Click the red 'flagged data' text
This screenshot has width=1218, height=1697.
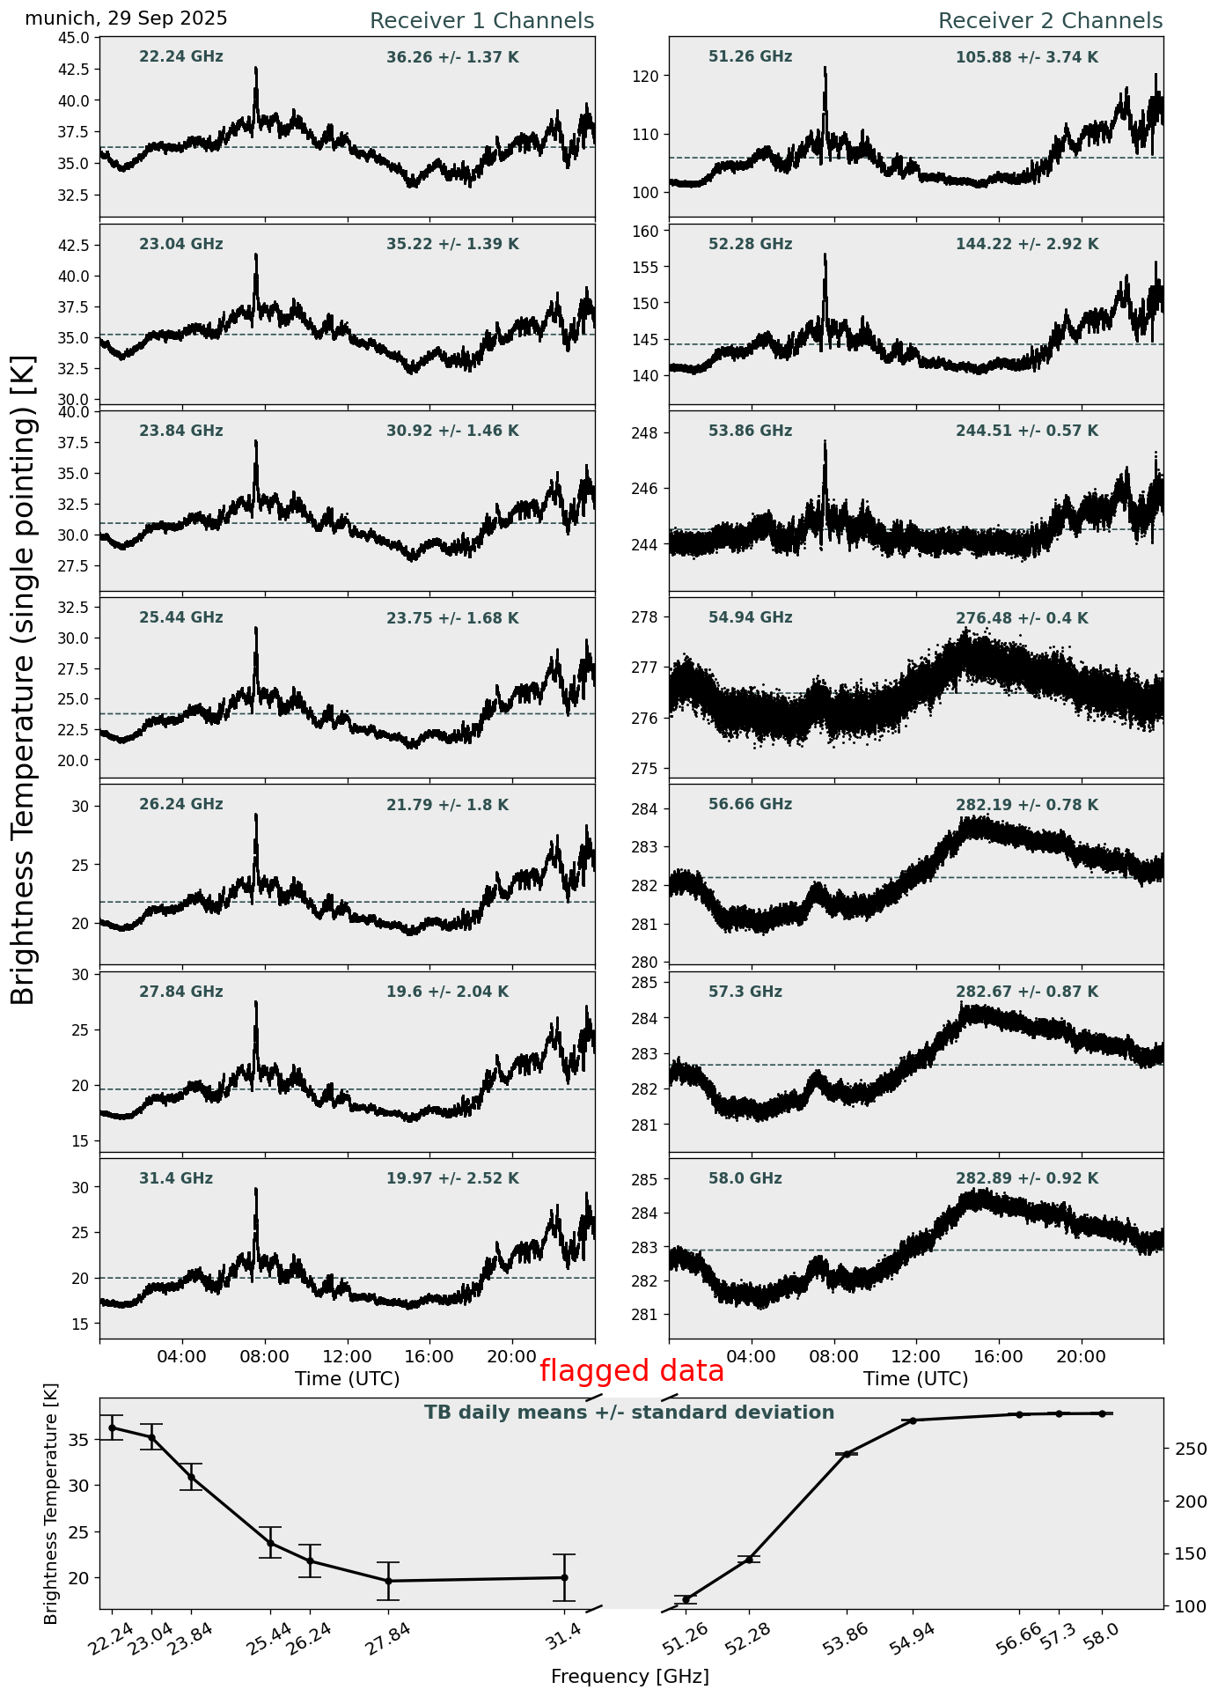click(x=631, y=1371)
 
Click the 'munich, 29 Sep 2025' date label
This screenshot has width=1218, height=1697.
click(x=126, y=18)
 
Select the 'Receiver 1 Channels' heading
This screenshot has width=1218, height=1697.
click(x=481, y=21)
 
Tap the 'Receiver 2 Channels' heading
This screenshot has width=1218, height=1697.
click(x=1050, y=21)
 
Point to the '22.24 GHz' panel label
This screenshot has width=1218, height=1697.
click(x=181, y=57)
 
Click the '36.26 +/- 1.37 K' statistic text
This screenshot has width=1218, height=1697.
click(x=452, y=58)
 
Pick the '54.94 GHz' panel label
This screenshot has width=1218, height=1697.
click(x=750, y=618)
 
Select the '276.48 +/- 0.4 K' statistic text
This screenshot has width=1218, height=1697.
click(x=1022, y=619)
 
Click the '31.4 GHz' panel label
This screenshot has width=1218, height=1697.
click(x=176, y=1178)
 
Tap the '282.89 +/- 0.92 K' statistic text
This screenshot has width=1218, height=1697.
click(x=1027, y=1179)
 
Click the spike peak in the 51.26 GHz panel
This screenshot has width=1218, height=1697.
click(x=825, y=68)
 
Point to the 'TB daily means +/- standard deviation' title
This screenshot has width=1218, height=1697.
click(x=629, y=1413)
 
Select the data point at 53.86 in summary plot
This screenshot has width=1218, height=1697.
click(x=847, y=1454)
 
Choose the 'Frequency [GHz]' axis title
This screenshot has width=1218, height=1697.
click(x=629, y=1676)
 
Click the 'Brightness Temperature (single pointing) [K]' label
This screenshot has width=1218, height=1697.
click(x=24, y=679)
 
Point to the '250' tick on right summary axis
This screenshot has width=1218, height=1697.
click(x=1185, y=1449)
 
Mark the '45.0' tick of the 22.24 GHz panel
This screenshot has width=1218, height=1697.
click(x=75, y=38)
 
